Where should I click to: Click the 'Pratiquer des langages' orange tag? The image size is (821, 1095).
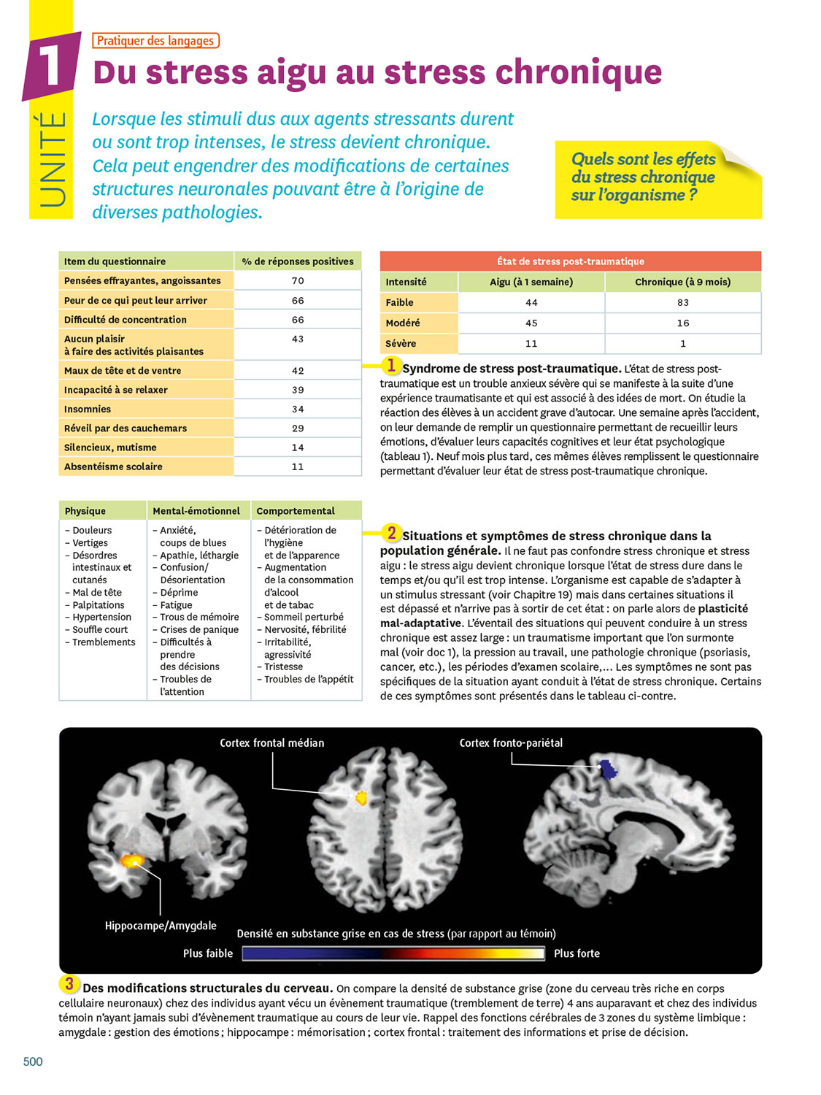coord(155,40)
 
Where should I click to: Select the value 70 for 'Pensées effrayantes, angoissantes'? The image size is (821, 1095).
coord(298,281)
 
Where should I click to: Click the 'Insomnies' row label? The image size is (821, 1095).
coord(88,409)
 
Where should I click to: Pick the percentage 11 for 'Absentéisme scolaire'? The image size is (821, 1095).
coord(298,467)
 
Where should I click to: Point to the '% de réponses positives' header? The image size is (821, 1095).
coord(298,261)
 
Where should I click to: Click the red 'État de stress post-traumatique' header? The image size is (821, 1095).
coord(570,261)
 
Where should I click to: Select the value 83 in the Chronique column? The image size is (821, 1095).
coord(683,303)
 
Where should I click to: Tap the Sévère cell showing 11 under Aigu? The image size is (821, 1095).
coord(531,344)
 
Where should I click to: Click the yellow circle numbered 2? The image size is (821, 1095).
coord(391,533)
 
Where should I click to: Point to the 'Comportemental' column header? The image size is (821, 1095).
coord(296,511)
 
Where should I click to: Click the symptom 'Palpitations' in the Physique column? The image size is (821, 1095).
coord(99,605)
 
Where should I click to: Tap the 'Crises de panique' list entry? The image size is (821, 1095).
coord(199,629)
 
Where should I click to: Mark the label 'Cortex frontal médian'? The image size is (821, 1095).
coord(272,743)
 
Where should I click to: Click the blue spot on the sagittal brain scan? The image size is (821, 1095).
coord(608,769)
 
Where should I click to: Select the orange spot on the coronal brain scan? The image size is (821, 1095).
coord(132,861)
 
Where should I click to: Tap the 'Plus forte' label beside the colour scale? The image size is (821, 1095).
coord(577,953)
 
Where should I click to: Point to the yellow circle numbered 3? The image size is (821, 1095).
coord(69,984)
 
